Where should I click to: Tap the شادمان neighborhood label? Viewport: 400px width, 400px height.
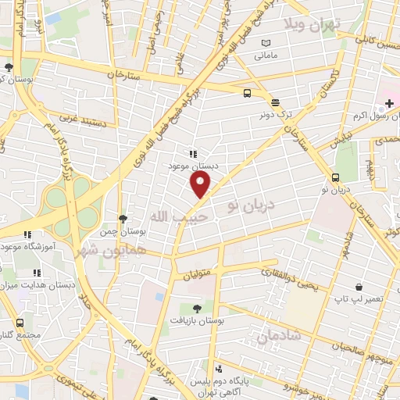pyautogui.click(x=277, y=334)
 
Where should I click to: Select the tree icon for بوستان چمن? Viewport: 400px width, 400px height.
pyautogui.click(x=122, y=218)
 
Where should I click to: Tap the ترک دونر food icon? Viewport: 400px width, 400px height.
pyautogui.click(x=274, y=102)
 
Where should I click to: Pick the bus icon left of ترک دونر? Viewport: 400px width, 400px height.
pyautogui.click(x=247, y=94)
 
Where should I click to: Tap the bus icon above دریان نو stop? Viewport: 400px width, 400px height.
pyautogui.click(x=334, y=177)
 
